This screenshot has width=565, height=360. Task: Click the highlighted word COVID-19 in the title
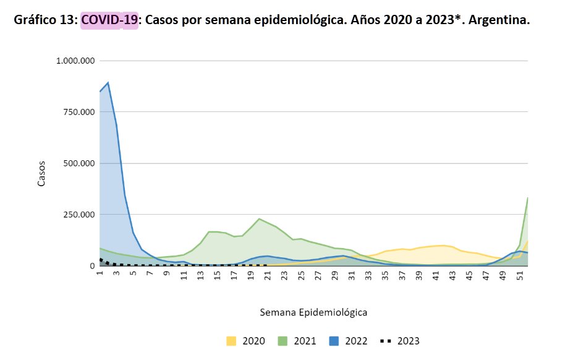[109, 20]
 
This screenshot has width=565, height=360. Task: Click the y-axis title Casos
[42, 174]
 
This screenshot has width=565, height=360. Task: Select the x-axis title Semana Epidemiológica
[314, 312]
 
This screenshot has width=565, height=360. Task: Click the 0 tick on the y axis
[91, 266]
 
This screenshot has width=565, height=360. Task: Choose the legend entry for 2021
[297, 341]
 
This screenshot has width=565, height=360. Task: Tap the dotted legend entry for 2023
[401, 341]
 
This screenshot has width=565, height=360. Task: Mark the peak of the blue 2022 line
[108, 82]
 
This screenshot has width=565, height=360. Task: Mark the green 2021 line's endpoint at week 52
[527, 198]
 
